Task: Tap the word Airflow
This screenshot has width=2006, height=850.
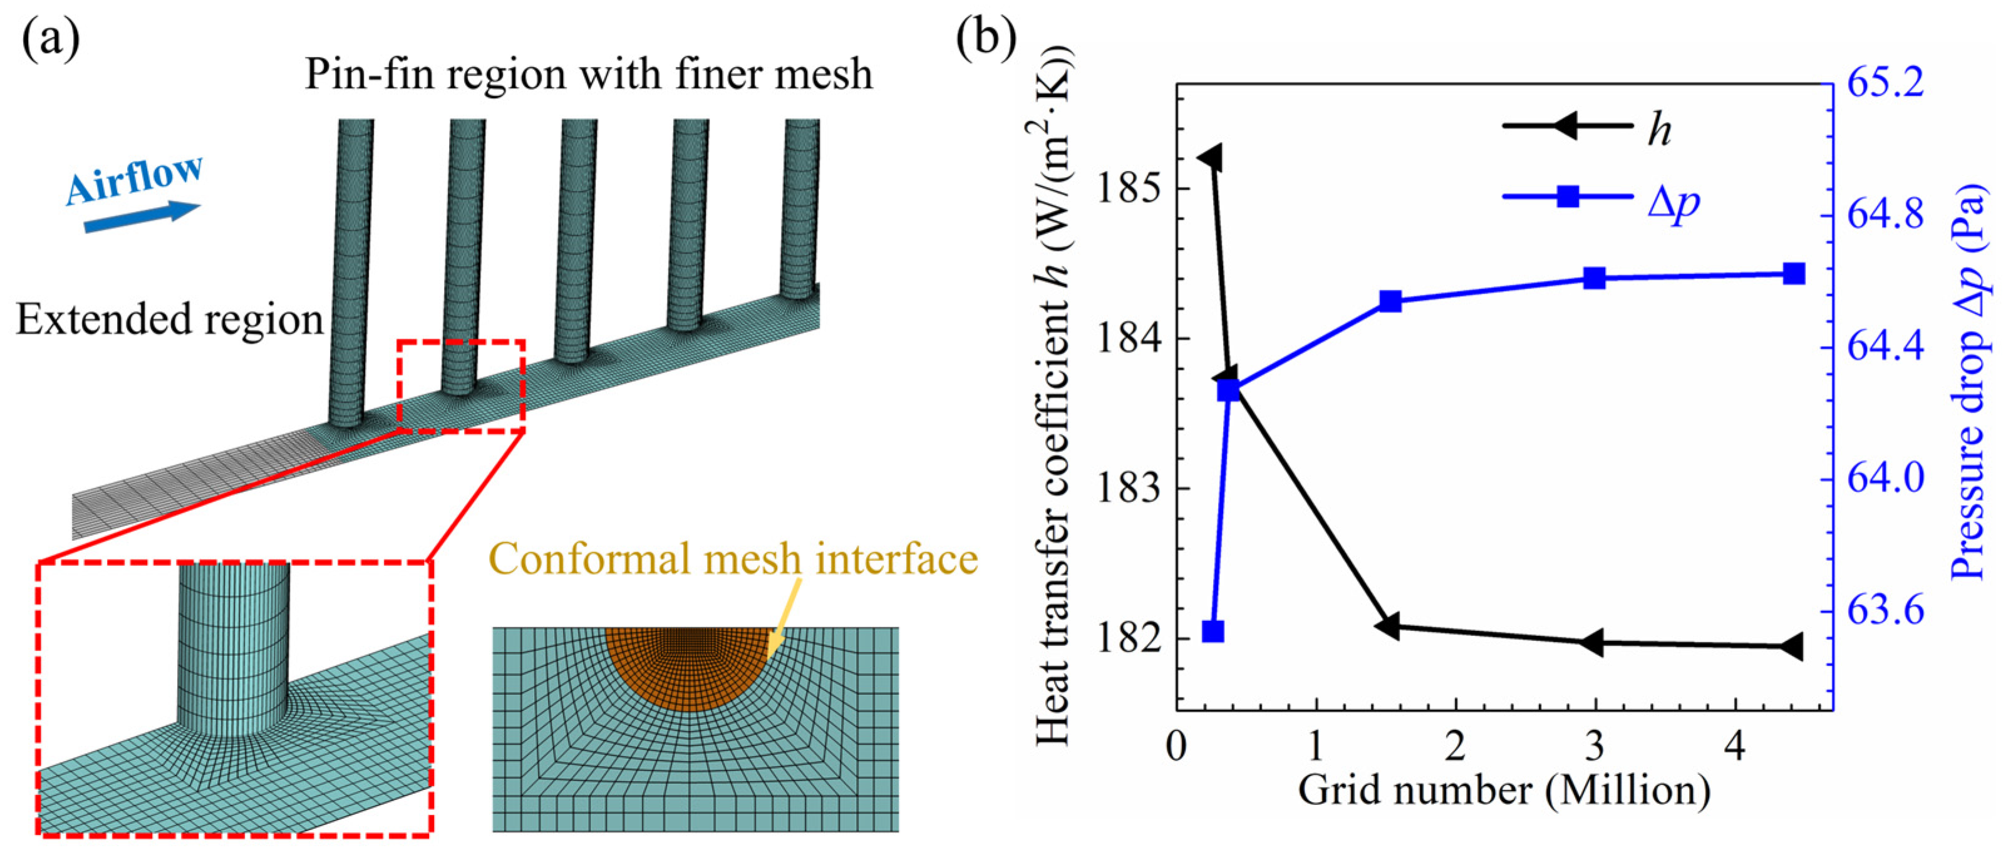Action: tap(134, 179)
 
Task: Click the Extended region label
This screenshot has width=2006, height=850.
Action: tap(170, 320)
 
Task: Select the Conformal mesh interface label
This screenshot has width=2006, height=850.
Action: tap(733, 559)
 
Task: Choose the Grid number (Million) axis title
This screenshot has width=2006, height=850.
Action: tap(1504, 792)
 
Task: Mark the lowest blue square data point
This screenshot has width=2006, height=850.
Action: tap(1212, 632)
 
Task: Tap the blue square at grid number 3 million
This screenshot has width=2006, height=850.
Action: tap(1595, 278)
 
